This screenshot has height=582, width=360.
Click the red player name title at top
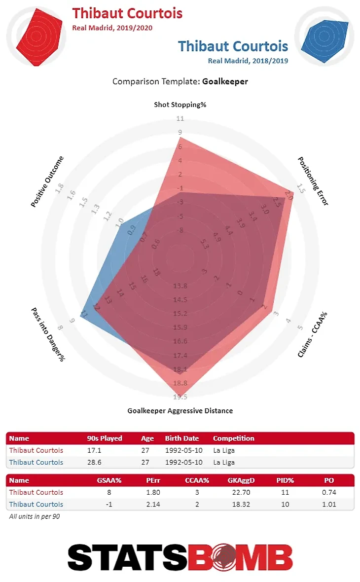click(x=127, y=13)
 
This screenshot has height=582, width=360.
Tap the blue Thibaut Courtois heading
click(x=233, y=46)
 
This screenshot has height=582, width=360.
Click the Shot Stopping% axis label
click(x=180, y=105)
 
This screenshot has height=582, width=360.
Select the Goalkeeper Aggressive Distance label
click(x=180, y=410)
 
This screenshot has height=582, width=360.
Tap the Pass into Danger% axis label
click(x=48, y=334)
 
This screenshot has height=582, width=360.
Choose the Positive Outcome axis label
click(x=47, y=182)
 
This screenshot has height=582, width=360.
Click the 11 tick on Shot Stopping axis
click(x=180, y=118)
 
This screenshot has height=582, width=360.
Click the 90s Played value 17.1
click(x=94, y=450)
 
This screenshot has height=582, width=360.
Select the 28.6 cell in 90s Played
click(x=94, y=462)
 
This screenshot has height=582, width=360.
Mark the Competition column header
click(x=234, y=438)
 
